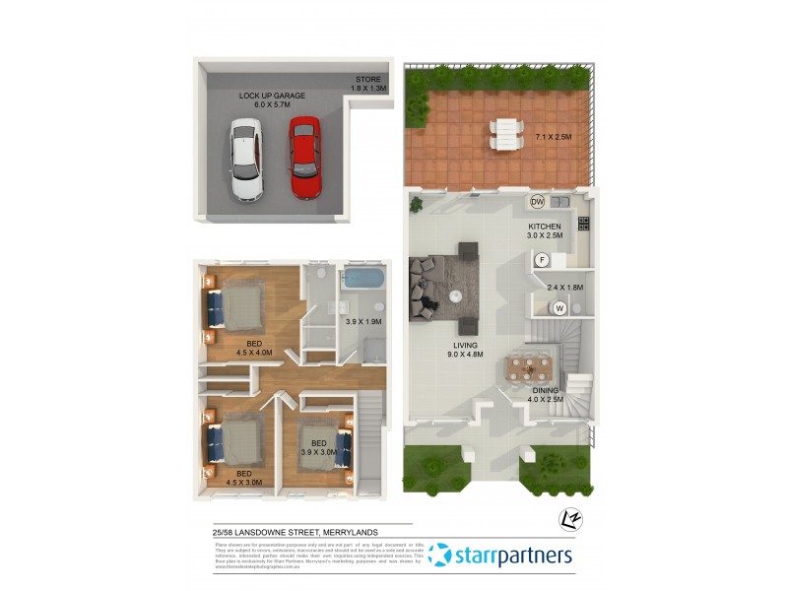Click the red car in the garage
(x=304, y=158)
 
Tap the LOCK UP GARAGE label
(x=272, y=100)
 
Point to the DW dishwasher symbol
(x=537, y=202)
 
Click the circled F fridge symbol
(x=542, y=260)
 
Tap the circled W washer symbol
(x=559, y=308)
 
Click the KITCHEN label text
(x=544, y=226)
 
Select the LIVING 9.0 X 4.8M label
(x=465, y=351)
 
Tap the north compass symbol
(x=566, y=517)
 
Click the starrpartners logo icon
(x=440, y=557)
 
